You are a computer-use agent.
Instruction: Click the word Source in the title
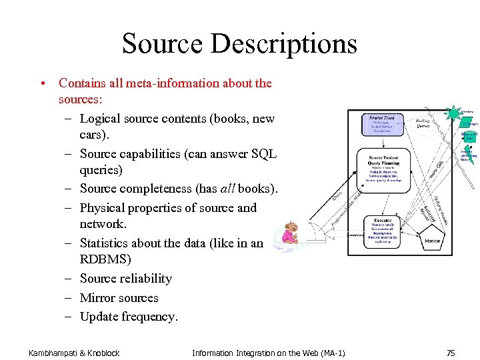tap(162, 44)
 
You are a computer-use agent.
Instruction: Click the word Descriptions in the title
tap(285, 44)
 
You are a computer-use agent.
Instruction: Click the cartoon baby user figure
tap(291, 233)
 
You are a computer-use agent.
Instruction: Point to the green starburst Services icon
tap(453, 113)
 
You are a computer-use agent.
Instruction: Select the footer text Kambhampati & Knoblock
tap(74, 352)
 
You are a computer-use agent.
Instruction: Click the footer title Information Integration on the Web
tap(268, 352)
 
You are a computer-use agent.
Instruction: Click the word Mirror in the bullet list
tap(99, 297)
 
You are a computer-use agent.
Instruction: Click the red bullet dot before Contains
tap(42, 83)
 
